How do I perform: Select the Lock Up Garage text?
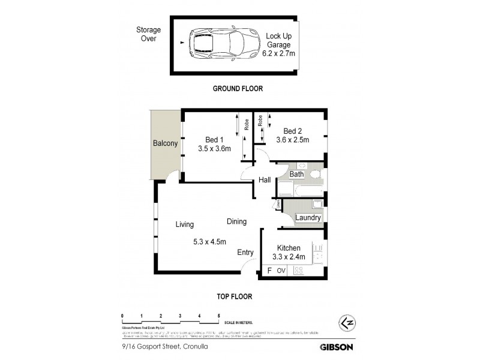tap(279, 40)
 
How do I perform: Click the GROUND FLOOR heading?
tap(238, 88)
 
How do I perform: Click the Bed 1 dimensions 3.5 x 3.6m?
tap(214, 149)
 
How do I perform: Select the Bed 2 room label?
tap(292, 131)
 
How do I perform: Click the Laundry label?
tap(308, 218)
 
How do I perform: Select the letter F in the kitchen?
tap(270, 271)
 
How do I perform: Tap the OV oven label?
tap(282, 271)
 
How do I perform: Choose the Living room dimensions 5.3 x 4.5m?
tap(209, 242)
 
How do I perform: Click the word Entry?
tap(245, 253)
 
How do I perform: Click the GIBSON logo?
tap(336, 346)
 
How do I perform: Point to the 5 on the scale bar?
tap(219, 315)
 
